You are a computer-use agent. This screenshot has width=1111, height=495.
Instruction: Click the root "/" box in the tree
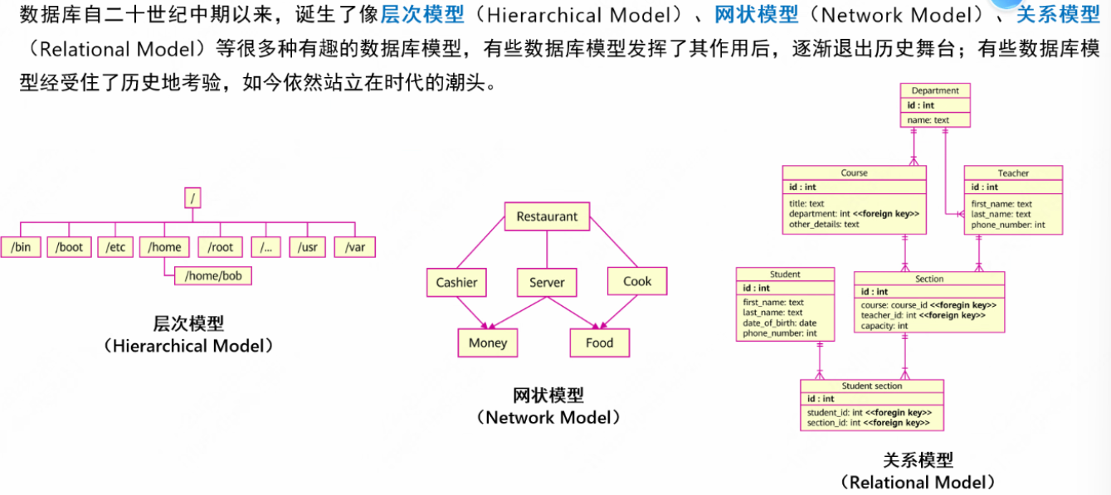[192, 198]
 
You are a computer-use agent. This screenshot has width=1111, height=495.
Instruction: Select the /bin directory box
[22, 247]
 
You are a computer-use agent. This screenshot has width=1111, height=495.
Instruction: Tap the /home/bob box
[213, 275]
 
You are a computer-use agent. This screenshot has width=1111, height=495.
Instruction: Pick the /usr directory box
[307, 247]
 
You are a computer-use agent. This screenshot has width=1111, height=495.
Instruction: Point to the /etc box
[115, 247]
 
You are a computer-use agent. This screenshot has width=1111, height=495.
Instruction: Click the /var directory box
[355, 247]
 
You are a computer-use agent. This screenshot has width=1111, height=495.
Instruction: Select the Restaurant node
[547, 217]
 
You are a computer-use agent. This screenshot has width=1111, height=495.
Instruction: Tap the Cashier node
[456, 282]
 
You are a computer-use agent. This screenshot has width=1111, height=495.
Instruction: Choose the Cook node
[637, 281]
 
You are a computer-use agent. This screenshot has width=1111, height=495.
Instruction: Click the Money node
[488, 342]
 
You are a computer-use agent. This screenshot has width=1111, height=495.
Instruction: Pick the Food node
[599, 342]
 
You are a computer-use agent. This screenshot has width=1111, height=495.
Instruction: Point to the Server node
[547, 282]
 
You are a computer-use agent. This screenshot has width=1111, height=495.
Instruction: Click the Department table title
[935, 91]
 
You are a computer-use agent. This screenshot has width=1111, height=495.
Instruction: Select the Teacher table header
[1013, 173]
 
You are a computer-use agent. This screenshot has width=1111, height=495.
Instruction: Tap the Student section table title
[872, 386]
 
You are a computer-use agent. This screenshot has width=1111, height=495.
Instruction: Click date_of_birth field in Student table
[779, 323]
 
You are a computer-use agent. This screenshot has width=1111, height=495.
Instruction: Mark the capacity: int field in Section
[884, 326]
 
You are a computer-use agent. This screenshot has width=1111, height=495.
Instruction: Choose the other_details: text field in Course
[824, 224]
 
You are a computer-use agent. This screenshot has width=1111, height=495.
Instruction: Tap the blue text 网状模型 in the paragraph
[756, 14]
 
